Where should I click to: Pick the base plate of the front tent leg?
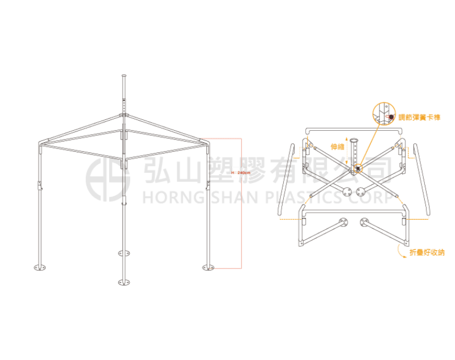tap(123, 281)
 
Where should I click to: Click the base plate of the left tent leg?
tap(39, 266)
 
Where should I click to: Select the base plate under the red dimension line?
tap(206, 266)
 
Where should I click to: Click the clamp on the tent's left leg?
tap(39, 185)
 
